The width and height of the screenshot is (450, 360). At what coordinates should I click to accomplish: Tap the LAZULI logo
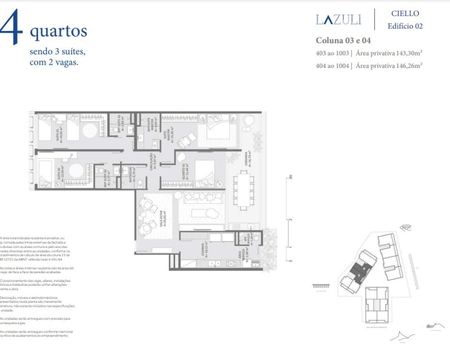pos(338,20)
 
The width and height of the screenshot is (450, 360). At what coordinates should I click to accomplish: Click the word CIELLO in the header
pos(405,13)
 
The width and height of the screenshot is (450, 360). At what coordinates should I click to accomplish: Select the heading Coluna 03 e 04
pos(343,40)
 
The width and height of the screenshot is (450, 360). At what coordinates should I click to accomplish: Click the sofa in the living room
pos(204,198)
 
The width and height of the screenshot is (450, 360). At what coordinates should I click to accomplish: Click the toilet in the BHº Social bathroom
pos(140,182)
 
